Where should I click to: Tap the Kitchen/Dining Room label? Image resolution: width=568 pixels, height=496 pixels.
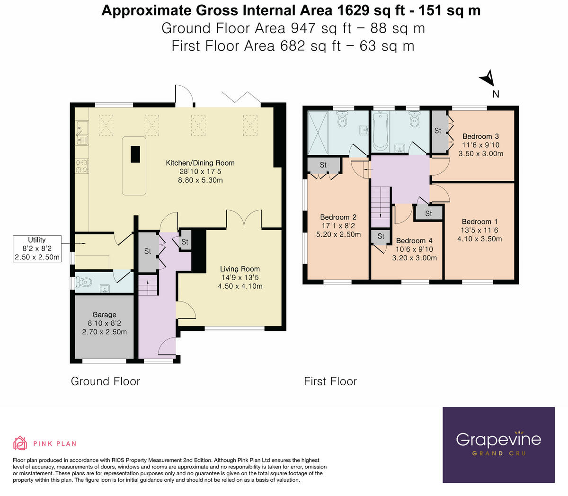point(200,163)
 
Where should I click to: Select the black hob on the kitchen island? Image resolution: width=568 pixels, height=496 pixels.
point(135,154)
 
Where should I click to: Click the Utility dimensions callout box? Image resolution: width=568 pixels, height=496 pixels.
point(37,248)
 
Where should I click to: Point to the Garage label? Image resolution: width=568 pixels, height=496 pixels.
point(105,314)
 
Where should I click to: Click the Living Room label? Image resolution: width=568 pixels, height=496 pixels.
point(240,269)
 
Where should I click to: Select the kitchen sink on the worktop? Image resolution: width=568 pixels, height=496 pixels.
point(82,133)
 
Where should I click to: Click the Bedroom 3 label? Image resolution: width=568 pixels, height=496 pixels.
point(480,136)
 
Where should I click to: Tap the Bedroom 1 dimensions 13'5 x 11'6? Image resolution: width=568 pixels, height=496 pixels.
point(479,230)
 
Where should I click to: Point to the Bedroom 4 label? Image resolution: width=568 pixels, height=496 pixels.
point(414,240)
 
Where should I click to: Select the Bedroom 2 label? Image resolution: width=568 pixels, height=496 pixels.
point(338,217)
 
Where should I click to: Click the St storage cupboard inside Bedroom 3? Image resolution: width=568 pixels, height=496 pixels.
point(439,132)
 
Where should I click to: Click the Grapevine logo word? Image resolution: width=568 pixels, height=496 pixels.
point(498,439)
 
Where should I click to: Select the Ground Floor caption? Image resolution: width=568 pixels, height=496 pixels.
point(106,381)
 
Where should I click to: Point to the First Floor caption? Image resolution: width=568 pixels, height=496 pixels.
point(330,381)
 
